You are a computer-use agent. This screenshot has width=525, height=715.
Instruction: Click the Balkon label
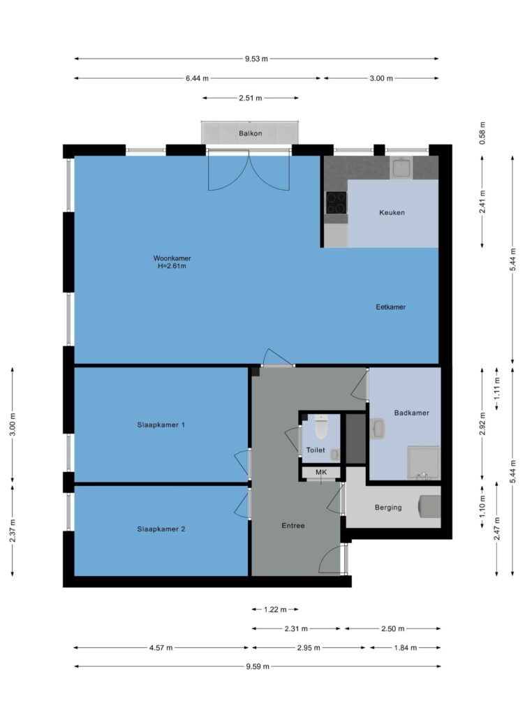(x=250, y=133)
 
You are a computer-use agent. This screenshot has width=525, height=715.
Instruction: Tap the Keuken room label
(x=392, y=212)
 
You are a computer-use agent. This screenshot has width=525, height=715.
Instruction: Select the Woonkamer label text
(x=172, y=258)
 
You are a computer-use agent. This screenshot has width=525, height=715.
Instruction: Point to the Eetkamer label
(x=390, y=307)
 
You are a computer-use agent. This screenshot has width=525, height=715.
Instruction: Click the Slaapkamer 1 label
(x=161, y=425)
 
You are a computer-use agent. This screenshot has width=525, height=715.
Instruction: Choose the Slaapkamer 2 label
(x=161, y=529)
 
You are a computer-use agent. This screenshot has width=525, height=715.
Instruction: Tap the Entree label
(x=293, y=525)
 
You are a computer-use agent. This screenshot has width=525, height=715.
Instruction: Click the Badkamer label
(x=411, y=413)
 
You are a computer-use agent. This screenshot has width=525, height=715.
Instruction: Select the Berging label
(x=388, y=507)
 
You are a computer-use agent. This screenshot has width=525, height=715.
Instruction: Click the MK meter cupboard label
(x=321, y=472)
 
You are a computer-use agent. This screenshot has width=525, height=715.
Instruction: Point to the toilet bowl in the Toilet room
(x=321, y=426)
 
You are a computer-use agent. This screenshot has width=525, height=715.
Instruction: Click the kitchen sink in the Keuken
(x=401, y=168)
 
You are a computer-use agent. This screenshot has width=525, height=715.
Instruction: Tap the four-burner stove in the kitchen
(x=337, y=202)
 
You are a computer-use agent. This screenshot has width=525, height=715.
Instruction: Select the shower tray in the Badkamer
(x=424, y=462)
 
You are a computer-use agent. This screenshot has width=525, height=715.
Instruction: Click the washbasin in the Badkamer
(x=378, y=429)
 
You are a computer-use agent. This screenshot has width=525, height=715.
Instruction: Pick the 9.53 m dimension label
(x=257, y=59)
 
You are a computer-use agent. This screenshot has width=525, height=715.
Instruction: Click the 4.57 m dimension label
(x=161, y=647)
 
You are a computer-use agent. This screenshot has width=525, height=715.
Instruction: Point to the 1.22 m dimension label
(x=275, y=609)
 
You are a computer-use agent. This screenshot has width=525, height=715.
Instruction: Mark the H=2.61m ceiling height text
(x=172, y=266)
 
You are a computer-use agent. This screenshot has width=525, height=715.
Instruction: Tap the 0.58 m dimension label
(x=482, y=133)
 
